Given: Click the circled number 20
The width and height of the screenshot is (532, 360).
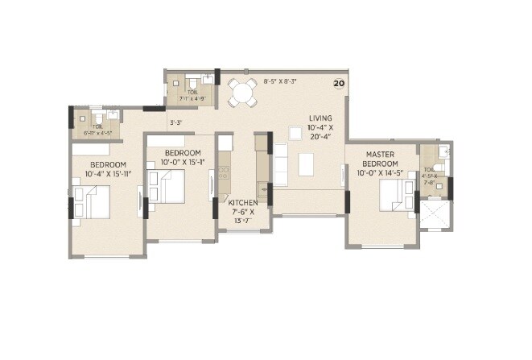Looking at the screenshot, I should [x=339, y=83].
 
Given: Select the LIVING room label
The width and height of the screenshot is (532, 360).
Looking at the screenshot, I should [x=320, y=118].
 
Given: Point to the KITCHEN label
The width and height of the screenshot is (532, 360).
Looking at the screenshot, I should [x=241, y=203].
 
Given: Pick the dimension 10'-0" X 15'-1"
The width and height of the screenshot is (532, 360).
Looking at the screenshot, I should [x=181, y=162].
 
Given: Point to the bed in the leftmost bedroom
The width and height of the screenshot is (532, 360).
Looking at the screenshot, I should [x=94, y=201].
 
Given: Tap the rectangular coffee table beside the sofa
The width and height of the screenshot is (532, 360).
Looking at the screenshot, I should [x=307, y=164].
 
